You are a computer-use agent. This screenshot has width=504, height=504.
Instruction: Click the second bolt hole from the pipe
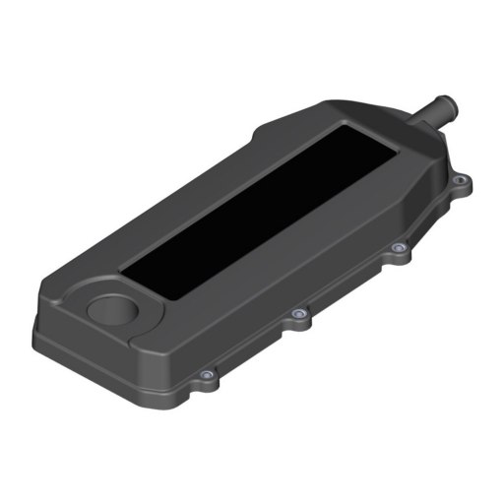point(397,248)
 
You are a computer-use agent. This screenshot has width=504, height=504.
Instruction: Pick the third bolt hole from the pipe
point(297,315)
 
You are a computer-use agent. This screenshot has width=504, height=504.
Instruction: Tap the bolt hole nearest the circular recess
point(205,375)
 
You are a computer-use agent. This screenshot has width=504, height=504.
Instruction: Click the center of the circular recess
point(116,308)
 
